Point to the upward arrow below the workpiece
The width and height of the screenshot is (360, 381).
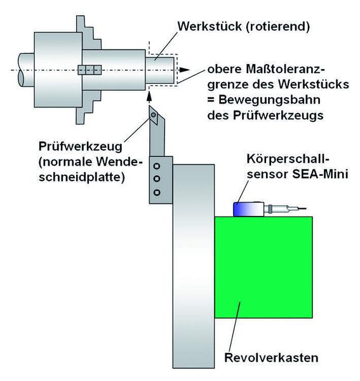150,96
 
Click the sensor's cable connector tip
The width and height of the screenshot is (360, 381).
298,208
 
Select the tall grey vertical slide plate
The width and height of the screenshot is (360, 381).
193,267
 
